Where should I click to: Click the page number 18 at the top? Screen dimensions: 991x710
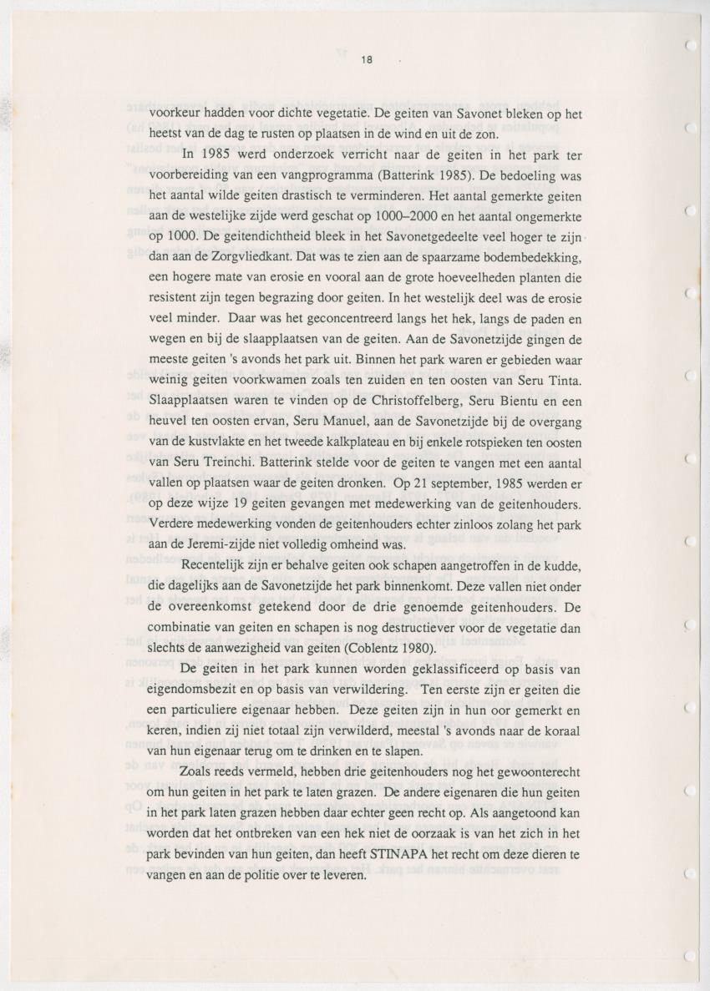(x=367, y=60)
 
